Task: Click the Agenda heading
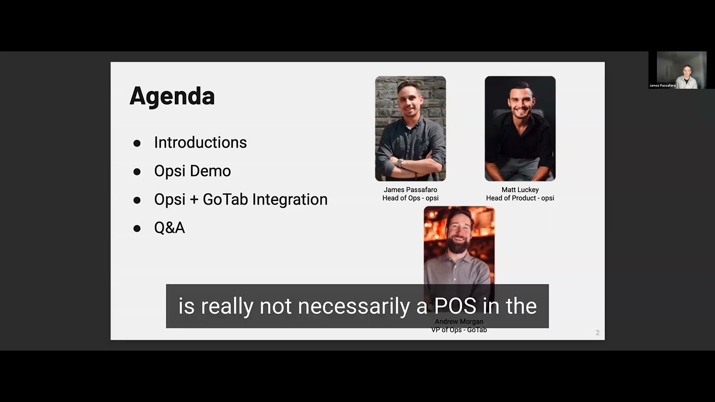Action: click(x=172, y=96)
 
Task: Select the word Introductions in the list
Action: click(x=200, y=142)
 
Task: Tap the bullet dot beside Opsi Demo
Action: click(x=137, y=171)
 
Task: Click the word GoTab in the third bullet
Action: click(x=225, y=199)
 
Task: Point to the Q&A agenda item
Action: click(x=169, y=228)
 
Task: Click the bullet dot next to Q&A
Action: click(x=137, y=228)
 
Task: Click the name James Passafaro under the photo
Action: click(x=410, y=190)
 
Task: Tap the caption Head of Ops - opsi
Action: click(x=410, y=198)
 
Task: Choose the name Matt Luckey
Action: click(x=519, y=190)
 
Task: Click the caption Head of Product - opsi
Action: click(x=519, y=198)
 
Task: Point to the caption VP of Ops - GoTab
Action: click(x=459, y=330)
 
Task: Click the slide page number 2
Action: click(x=597, y=333)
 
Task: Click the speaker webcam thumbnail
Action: click(x=681, y=70)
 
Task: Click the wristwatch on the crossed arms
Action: click(x=400, y=162)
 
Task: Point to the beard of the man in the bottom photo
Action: click(x=459, y=244)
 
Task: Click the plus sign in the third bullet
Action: click(x=194, y=200)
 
